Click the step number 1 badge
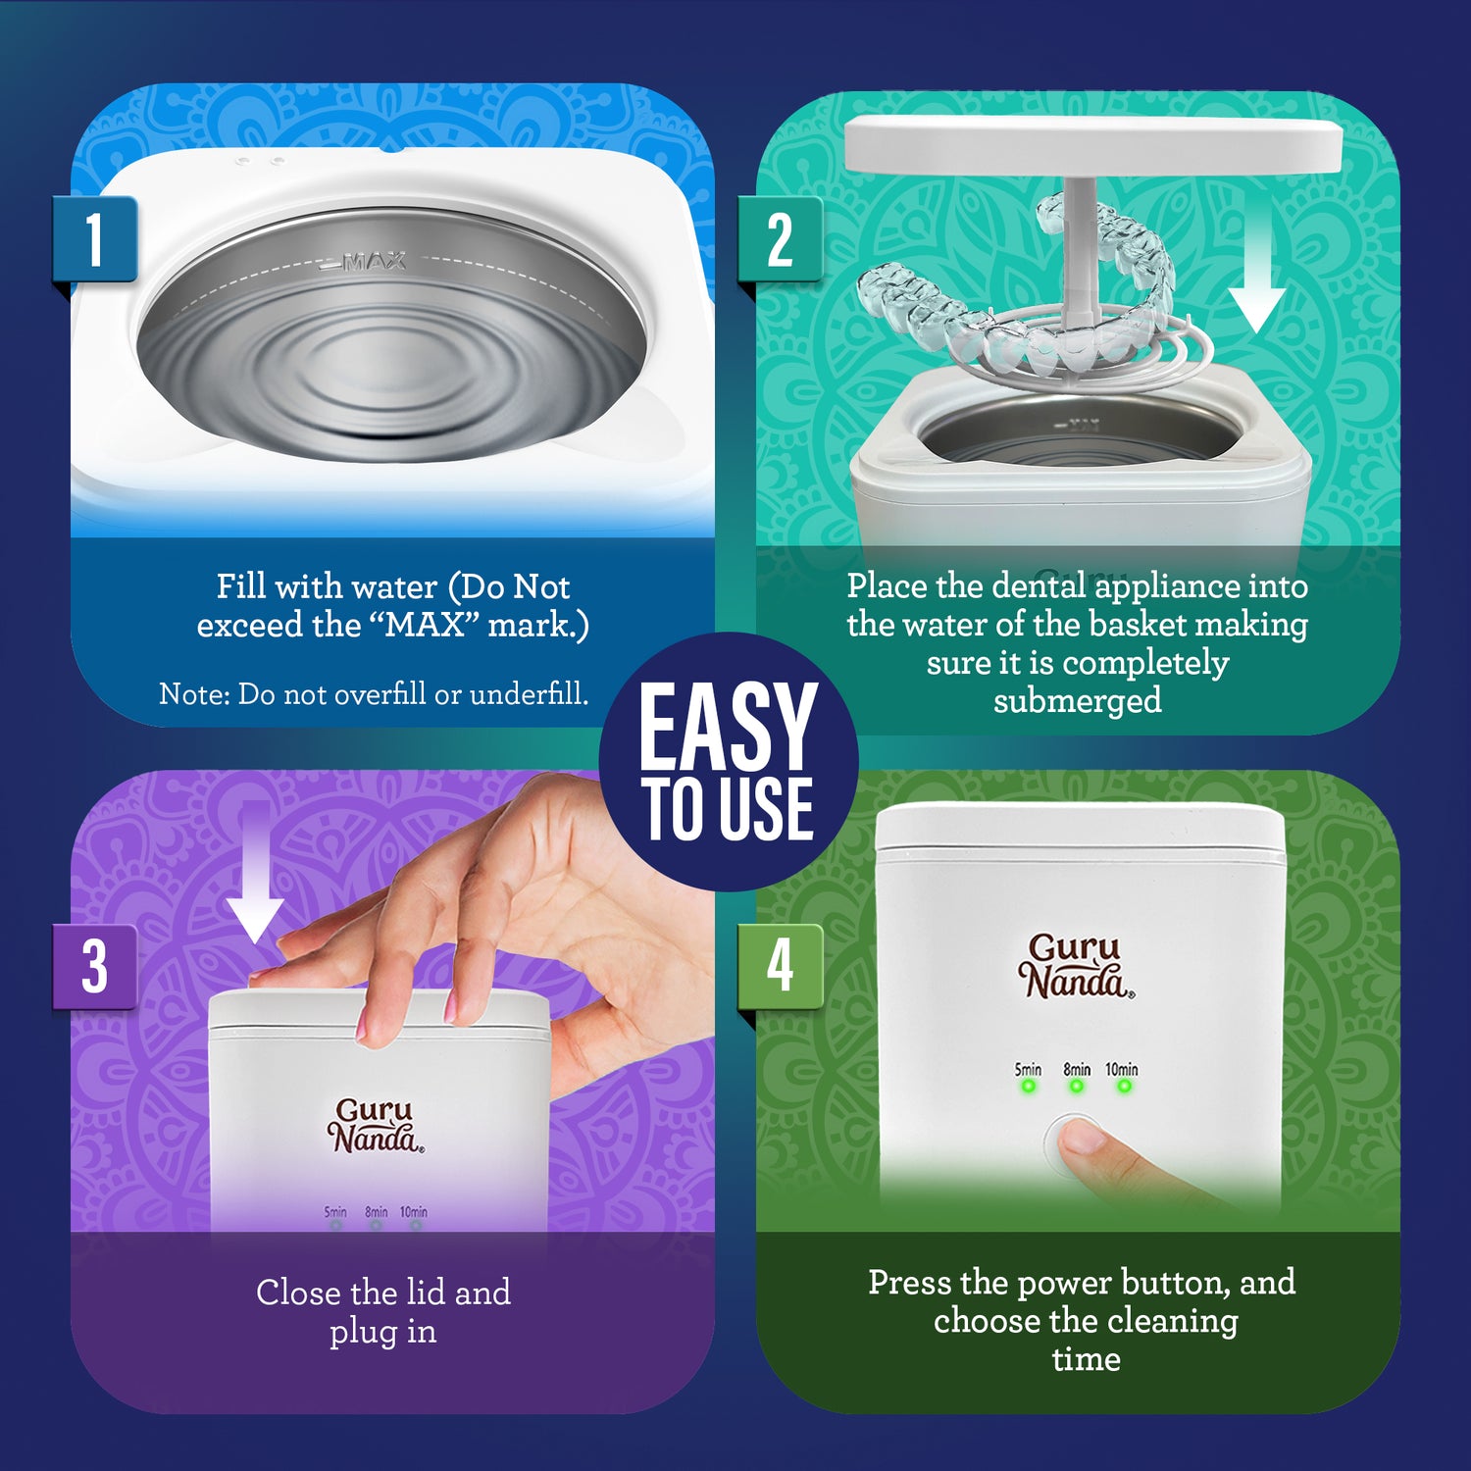[x=94, y=239]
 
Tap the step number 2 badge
[x=780, y=239]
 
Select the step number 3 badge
[x=94, y=966]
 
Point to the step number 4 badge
[x=780, y=966]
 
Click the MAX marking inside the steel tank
[x=374, y=262]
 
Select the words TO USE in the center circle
[x=728, y=809]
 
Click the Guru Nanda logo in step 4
[x=1076, y=966]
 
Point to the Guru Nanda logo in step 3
[x=376, y=1126]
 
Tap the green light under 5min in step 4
[x=1029, y=1087]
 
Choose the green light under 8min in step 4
[x=1077, y=1087]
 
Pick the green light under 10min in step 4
[x=1124, y=1087]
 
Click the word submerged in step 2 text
[x=1077, y=701]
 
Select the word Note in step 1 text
[x=193, y=694]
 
